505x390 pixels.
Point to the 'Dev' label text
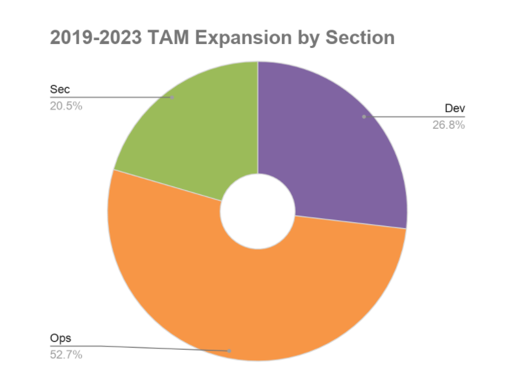pos(454,108)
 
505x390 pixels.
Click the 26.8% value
pos(449,125)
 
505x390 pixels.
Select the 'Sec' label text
pos(60,89)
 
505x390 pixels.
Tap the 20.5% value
pos(66,106)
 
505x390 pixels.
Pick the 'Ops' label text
pos(60,338)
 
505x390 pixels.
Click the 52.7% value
pos(66,355)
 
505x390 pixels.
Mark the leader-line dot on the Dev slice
pos(364,117)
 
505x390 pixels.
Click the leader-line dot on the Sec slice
pos(172,97)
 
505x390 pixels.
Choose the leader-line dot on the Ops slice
pos(229,350)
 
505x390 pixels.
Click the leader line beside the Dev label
pos(415,117)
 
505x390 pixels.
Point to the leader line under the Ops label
pos(130,347)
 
